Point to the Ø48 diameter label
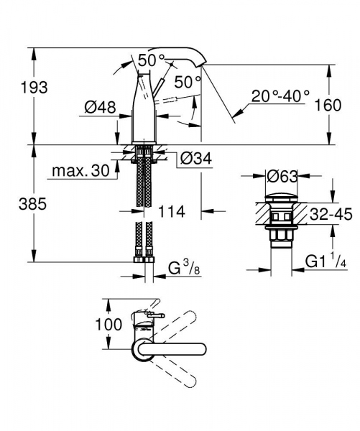[x=100, y=107]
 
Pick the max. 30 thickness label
[x=79, y=172]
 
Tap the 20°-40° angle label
[x=280, y=94]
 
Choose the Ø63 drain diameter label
[x=283, y=175]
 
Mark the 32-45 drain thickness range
[x=333, y=213]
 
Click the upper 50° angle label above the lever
[x=152, y=61]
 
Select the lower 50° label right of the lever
[x=188, y=83]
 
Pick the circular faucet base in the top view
[x=142, y=349]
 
